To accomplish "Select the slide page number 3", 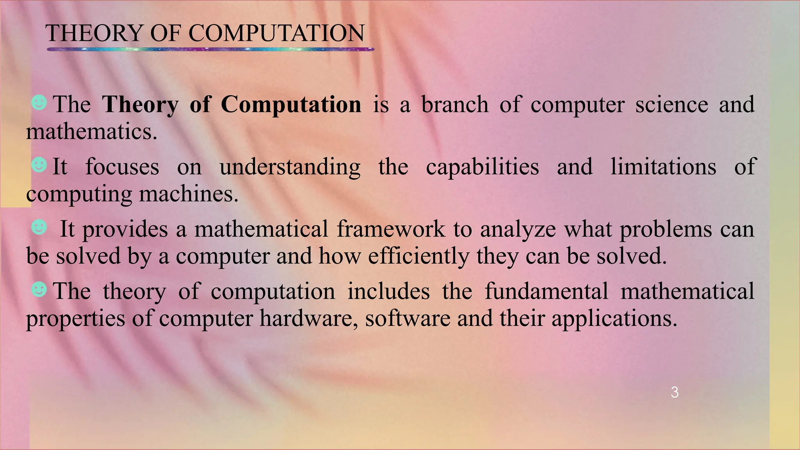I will point(674,393).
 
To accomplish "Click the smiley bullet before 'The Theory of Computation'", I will point(39,103).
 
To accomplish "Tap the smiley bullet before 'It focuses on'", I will point(39,165).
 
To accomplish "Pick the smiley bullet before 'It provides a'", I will point(39,227).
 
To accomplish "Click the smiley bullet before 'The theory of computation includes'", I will point(39,289).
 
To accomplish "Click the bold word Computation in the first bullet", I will point(291,105).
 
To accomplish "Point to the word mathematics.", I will point(91,132).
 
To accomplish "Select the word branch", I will point(455,105).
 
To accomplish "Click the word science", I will point(671,105).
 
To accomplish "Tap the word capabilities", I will point(482,167).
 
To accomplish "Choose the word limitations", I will point(663,167).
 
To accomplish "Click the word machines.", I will point(188,194).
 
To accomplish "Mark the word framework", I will point(391,229).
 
